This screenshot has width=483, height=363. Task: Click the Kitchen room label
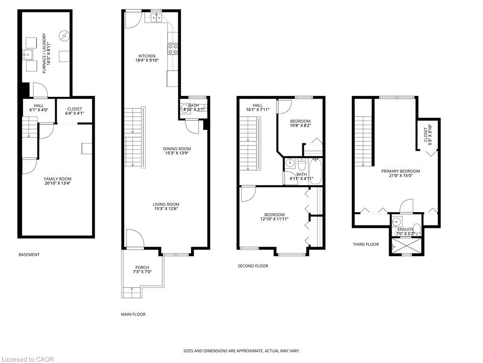tap(147, 56)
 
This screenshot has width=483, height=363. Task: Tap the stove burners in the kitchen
tap(173, 49)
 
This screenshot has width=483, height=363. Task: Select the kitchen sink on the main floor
tap(156, 18)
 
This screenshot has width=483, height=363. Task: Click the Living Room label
tap(166, 204)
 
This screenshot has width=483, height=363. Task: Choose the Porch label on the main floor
tap(142, 268)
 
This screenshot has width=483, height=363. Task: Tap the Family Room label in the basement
tap(58, 179)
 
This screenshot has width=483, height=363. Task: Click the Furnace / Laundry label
tap(44, 53)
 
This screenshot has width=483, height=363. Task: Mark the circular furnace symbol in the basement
tap(65, 36)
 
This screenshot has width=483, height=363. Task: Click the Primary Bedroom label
tap(400, 171)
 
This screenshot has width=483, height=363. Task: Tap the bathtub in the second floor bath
tap(315, 171)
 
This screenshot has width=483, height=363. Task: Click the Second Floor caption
tap(253, 266)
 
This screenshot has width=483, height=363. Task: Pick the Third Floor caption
tap(366, 244)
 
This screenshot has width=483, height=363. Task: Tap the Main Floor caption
tap(133, 314)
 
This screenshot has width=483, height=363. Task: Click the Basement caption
tap(29, 255)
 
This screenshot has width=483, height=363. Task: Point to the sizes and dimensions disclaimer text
tap(241, 351)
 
